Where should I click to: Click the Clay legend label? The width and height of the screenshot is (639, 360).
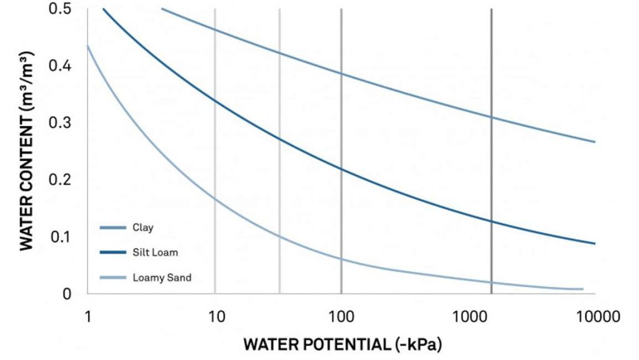[142, 228]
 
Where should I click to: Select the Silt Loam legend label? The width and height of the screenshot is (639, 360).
[155, 253]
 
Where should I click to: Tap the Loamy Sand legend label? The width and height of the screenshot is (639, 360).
[162, 278]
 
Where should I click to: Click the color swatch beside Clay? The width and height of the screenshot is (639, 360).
[112, 228]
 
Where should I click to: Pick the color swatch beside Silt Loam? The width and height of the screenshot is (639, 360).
[112, 253]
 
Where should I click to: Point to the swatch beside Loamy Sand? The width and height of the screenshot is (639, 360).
[112, 278]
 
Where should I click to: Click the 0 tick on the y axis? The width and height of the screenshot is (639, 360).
[67, 294]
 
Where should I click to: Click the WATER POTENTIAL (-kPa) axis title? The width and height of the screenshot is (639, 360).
[341, 344]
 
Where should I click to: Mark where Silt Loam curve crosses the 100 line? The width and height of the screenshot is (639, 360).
[341, 168]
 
